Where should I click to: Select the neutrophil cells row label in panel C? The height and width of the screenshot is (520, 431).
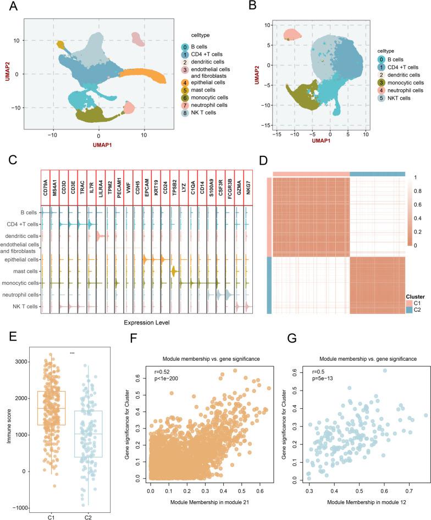pos(21,295)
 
